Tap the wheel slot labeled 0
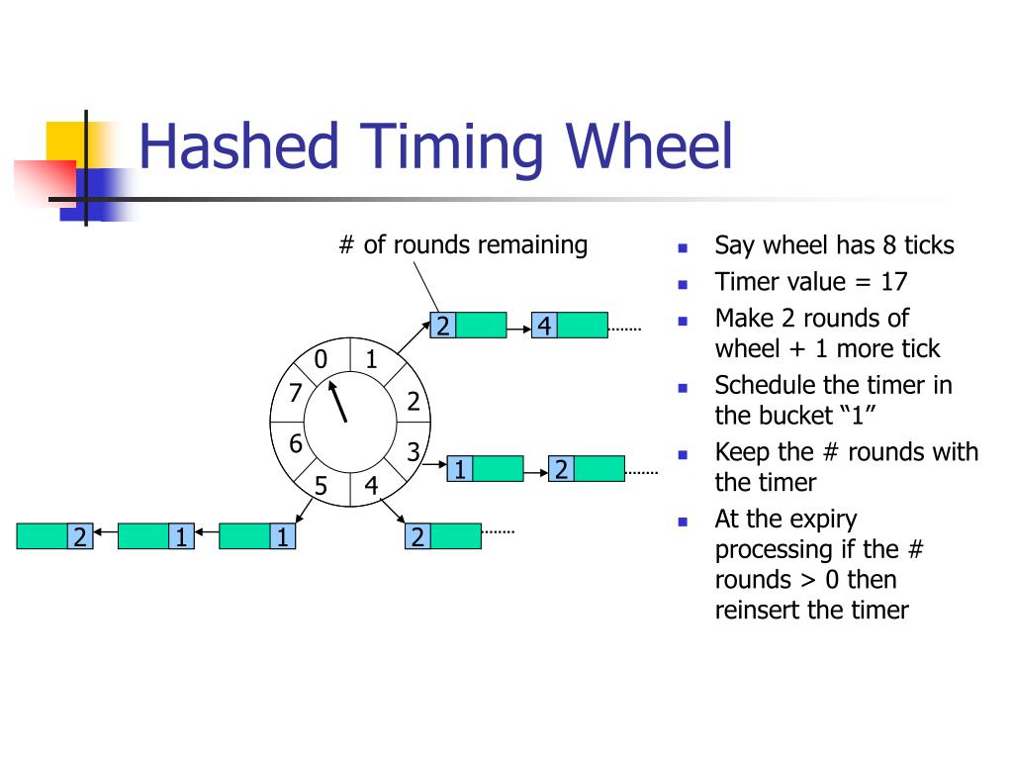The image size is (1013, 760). [x=321, y=359]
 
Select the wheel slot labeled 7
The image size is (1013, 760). [x=294, y=393]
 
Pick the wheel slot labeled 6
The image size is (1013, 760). [x=295, y=444]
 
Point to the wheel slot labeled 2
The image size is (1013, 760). [x=414, y=401]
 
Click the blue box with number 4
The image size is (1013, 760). [x=543, y=326]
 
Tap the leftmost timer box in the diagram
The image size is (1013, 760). [x=54, y=536]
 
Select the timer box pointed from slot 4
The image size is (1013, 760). [x=443, y=536]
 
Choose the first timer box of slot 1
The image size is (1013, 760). [x=468, y=326]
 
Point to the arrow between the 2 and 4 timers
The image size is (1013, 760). [x=518, y=326]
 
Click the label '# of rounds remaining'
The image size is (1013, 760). [x=463, y=244]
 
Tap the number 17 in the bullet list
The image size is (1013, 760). [x=893, y=281]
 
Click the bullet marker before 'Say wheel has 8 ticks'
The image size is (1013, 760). [x=683, y=246]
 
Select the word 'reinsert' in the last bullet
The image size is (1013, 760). [x=758, y=610]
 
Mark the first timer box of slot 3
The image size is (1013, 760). [x=485, y=468]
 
